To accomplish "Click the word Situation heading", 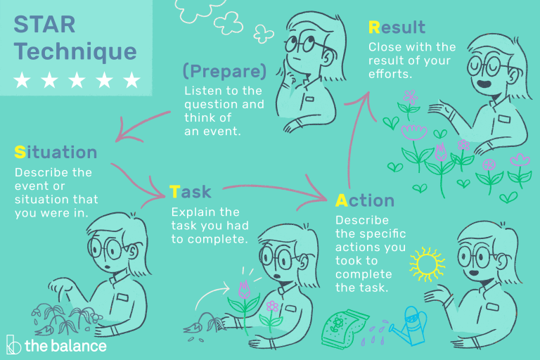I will click(56, 152).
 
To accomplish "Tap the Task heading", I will click(190, 191).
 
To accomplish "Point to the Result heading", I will click(397, 28).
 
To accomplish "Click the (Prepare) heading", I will click(224, 71).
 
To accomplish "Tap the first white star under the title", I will click(22, 80).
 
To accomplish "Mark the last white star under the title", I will click(131, 80).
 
